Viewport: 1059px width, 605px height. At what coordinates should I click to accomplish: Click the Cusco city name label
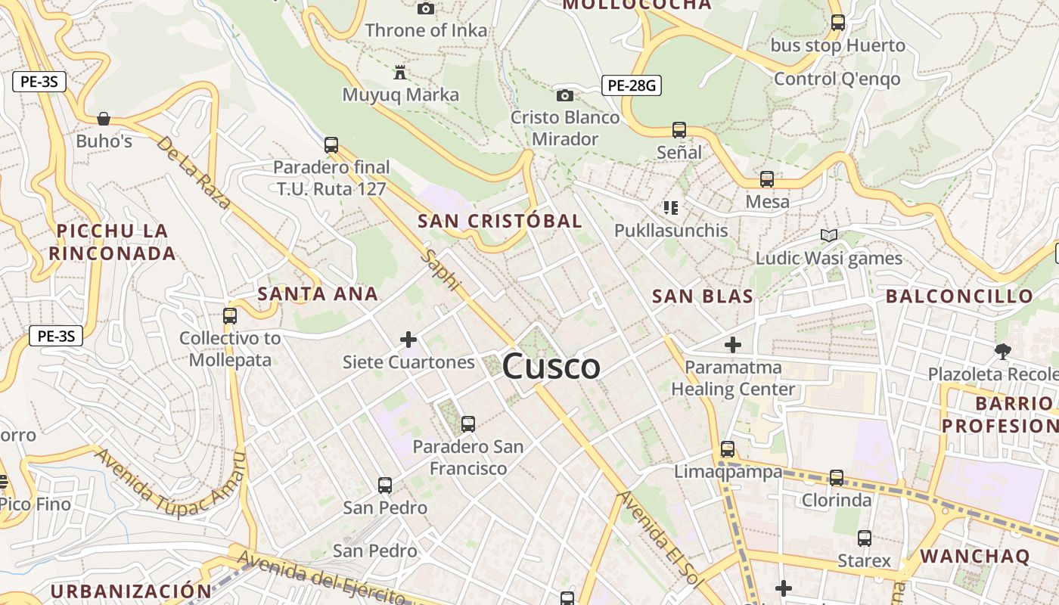(551, 367)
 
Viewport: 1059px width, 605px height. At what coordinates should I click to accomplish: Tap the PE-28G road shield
(632, 85)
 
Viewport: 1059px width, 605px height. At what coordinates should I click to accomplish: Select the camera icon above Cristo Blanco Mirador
(564, 95)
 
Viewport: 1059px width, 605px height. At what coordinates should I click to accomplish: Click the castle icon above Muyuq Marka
(400, 73)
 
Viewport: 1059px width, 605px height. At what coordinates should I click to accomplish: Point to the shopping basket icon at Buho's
(104, 119)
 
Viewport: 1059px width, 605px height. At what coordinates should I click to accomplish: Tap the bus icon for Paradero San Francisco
(467, 424)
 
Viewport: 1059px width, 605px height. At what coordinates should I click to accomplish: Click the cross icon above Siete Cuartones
(408, 340)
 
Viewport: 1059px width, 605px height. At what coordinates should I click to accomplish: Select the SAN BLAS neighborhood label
(703, 296)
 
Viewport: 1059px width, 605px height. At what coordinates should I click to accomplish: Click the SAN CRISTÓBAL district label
(500, 221)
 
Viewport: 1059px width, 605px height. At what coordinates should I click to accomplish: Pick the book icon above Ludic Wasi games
(829, 235)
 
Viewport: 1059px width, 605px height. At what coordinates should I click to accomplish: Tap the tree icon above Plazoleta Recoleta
(1003, 351)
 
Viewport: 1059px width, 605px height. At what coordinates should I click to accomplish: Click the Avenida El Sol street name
(660, 538)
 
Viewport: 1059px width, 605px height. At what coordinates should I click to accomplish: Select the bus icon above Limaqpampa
(728, 449)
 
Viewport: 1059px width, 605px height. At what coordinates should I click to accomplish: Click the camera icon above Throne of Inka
(426, 8)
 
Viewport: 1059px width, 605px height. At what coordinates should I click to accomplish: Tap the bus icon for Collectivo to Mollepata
(230, 316)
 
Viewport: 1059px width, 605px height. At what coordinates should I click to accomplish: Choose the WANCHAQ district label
(975, 557)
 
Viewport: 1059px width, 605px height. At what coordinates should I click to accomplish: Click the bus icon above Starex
(865, 538)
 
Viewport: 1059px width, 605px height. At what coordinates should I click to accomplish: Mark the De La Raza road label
(194, 172)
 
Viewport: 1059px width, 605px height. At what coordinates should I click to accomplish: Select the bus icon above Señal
(679, 130)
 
